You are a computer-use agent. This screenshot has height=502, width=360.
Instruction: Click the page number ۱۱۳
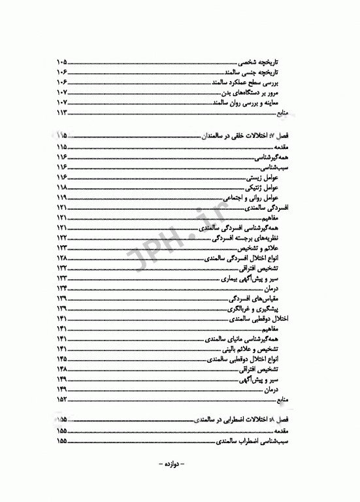pyautogui.click(x=63, y=114)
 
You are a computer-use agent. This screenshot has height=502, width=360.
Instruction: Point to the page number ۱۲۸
pyautogui.click(x=63, y=260)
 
